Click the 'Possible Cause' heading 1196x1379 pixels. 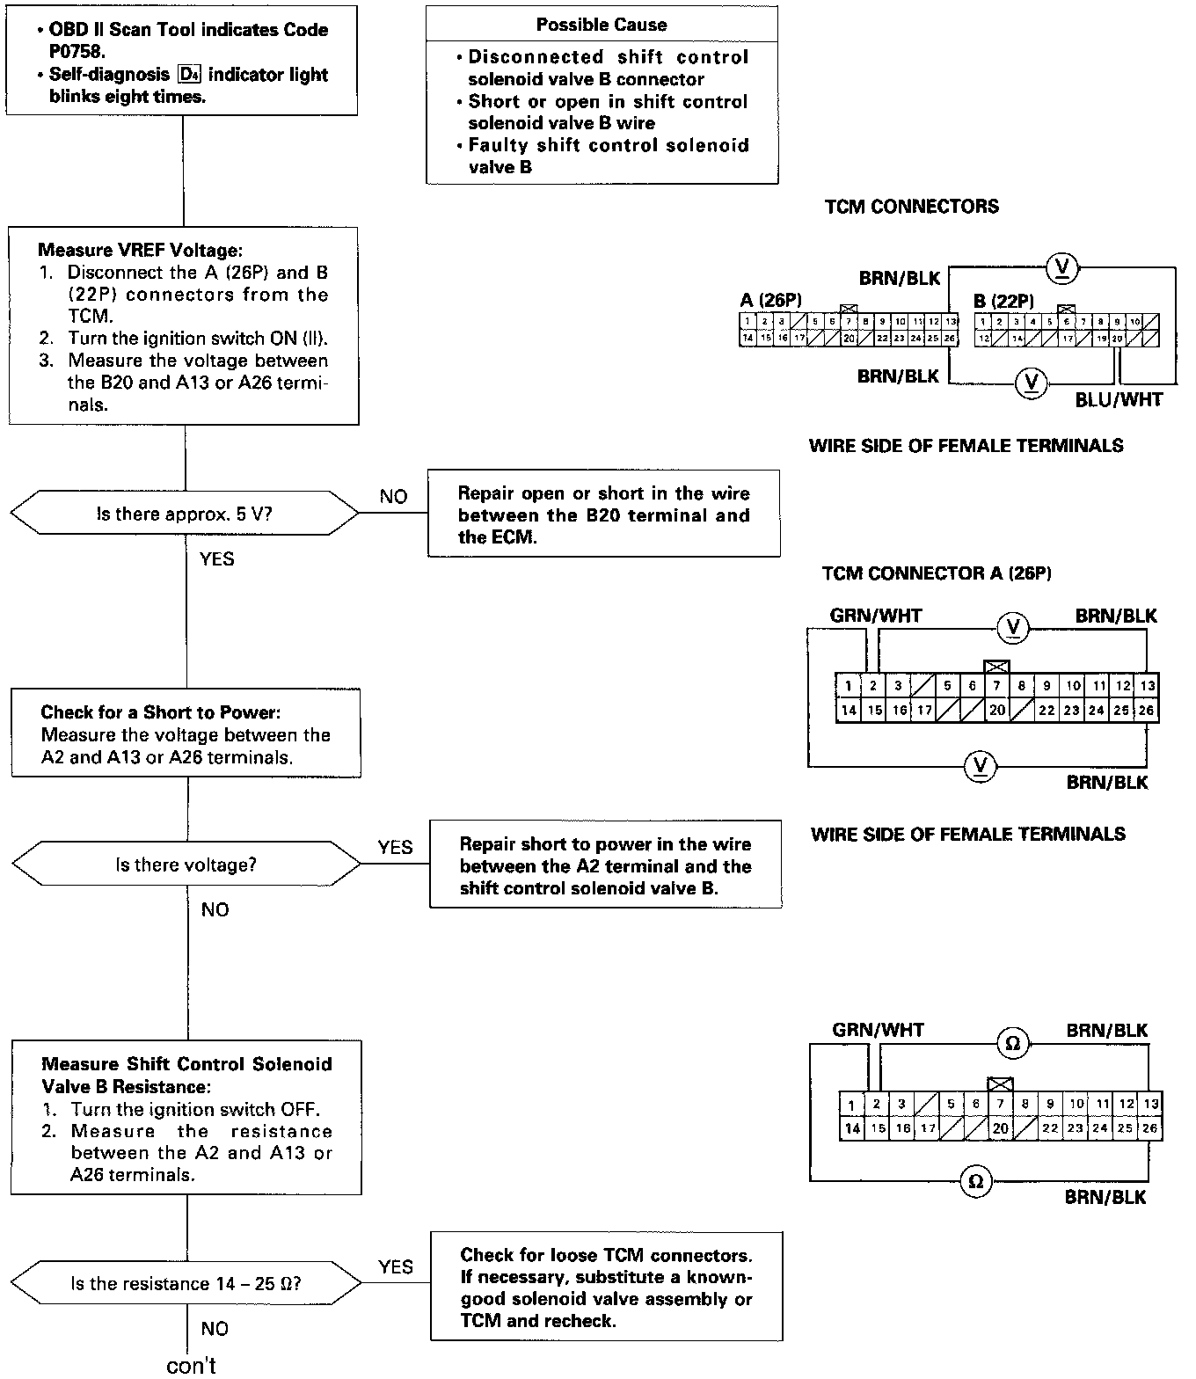pos(602,25)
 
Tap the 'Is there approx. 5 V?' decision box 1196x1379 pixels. pos(185,514)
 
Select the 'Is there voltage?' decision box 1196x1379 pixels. pos(186,865)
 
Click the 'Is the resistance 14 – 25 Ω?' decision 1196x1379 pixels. pos(186,1283)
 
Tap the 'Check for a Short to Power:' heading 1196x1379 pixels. pos(161,712)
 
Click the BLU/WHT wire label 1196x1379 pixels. pos(1119,400)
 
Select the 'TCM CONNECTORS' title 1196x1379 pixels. pos(912,207)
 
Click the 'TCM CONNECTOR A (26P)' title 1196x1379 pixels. pos(937,573)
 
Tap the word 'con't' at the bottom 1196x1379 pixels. pos(191,1365)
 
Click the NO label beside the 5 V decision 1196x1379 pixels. pos(393,497)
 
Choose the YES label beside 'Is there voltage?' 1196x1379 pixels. pos(395,847)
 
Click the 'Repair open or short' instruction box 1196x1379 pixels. pos(603,514)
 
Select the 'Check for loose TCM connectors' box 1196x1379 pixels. pos(606,1288)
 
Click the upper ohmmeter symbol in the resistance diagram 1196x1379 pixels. pos(1012,1044)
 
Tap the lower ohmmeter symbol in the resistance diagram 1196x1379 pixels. pos(975,1181)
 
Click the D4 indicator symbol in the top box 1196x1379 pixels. pos(188,75)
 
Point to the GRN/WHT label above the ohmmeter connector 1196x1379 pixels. pos(878,1030)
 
